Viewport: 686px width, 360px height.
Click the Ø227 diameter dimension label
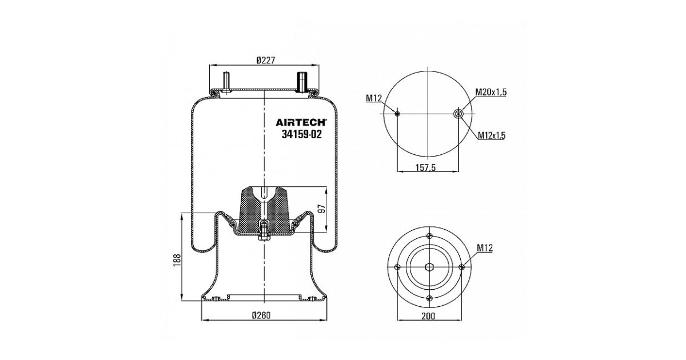point(266,60)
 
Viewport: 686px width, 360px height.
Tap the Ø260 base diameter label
point(261,315)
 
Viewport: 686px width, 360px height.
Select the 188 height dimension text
point(177,260)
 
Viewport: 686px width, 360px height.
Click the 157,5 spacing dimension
point(425,167)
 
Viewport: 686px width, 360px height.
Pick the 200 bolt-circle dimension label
point(428,316)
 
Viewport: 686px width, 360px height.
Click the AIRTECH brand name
point(301,122)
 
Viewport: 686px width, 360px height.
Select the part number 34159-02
point(302,134)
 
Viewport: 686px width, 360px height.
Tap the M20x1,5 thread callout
point(491,92)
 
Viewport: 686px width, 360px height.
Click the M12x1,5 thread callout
point(492,135)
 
